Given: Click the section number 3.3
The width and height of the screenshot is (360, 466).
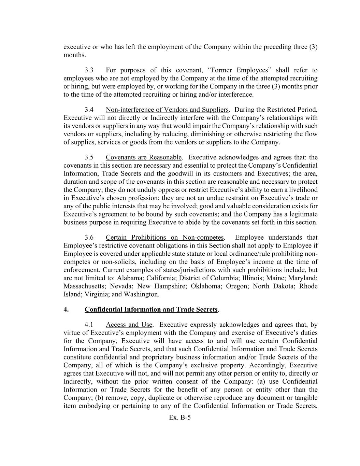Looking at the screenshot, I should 89,70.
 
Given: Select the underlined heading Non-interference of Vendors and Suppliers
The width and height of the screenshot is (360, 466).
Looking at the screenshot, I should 167,110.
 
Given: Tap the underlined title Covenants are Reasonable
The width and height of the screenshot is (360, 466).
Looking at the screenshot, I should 144,157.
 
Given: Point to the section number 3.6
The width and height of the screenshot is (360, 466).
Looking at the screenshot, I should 89,238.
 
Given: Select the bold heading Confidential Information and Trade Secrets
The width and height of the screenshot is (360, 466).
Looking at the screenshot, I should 151,310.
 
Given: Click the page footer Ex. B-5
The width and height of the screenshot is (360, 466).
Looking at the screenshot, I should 180,417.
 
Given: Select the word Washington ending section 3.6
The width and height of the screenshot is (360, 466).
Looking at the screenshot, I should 141,294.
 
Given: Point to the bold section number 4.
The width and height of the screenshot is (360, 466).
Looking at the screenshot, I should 66,310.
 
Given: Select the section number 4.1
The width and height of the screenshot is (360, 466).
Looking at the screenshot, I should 89,325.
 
